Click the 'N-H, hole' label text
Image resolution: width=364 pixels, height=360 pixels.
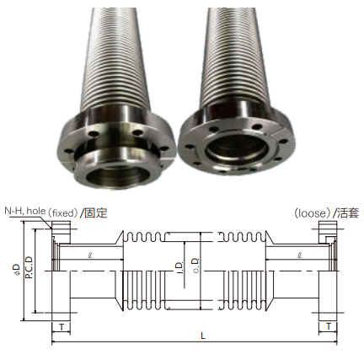click(24, 211)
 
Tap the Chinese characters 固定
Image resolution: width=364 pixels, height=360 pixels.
click(96, 212)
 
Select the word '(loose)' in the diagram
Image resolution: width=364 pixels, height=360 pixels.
click(312, 213)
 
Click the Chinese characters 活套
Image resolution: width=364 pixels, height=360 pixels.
click(347, 212)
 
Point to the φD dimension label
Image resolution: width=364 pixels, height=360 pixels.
click(18, 269)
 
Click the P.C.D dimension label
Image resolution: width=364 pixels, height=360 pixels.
click(29, 267)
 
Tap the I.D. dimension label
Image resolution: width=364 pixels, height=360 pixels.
click(179, 267)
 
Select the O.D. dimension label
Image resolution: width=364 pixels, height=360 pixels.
click(195, 265)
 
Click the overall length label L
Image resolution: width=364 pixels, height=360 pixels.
click(203, 336)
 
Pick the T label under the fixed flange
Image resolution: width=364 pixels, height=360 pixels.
click(62, 327)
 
